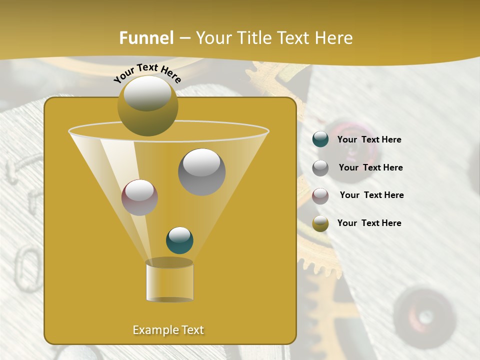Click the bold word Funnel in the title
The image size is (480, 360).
tap(146, 37)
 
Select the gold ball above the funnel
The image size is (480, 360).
tap(147, 106)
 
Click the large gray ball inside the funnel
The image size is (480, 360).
tap(202, 172)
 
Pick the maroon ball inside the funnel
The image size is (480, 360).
tap(139, 197)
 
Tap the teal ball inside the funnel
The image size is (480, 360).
tap(179, 240)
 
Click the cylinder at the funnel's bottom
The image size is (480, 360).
tap(169, 281)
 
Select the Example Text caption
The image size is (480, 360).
tap(168, 330)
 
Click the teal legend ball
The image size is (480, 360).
tap(320, 139)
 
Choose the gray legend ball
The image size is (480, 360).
tap(320, 167)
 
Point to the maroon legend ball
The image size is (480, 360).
tap(320, 195)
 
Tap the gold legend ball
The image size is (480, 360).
tap(320, 223)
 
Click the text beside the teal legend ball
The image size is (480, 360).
tap(369, 140)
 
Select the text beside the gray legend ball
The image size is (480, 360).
tap(370, 168)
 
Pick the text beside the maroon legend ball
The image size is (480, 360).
tap(371, 195)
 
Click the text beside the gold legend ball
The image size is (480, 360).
tap(369, 223)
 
